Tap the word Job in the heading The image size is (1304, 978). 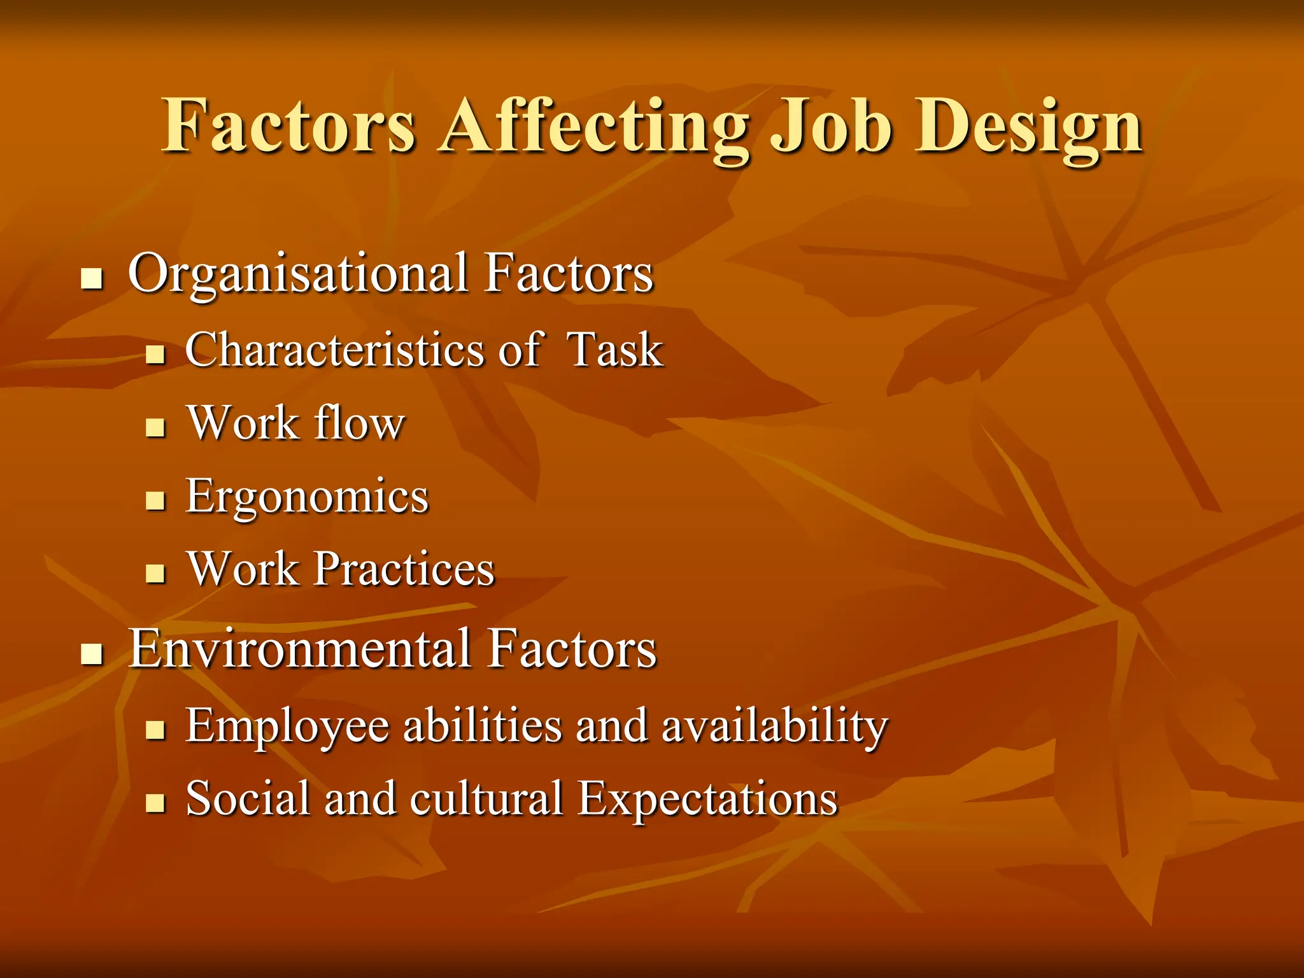(830, 127)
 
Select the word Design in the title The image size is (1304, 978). (1028, 127)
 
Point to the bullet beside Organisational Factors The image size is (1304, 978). (92, 279)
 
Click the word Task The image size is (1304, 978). (615, 350)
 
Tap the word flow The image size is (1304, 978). (360, 423)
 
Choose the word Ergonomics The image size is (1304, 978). (308, 497)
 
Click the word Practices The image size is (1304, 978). (404, 569)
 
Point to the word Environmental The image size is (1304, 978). (302, 649)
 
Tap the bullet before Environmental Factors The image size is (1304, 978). (92, 653)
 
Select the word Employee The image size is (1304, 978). (287, 726)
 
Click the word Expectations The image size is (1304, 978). (707, 798)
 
